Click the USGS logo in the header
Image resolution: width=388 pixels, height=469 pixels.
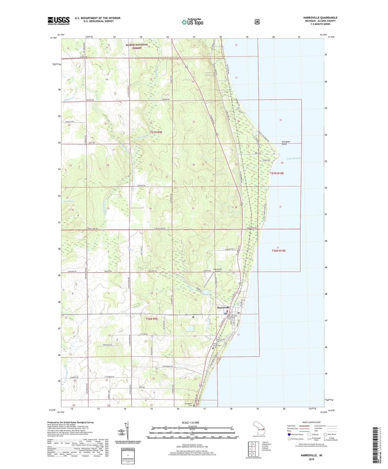point(58,21)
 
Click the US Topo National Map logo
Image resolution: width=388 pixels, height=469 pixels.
point(192,22)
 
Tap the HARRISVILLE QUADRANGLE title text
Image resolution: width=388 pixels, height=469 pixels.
point(320,18)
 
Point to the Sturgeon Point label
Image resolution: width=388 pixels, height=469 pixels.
point(286,143)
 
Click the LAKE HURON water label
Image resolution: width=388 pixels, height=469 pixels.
point(293,158)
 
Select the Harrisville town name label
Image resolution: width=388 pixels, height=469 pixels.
point(223,308)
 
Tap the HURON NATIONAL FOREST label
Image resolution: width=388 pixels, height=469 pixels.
point(137,46)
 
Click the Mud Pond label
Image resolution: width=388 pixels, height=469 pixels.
point(68,201)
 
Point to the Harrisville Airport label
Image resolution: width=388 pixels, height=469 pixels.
point(218,270)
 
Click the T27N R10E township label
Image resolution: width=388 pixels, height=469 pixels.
point(277,173)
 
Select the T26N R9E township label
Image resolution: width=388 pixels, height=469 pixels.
point(152,319)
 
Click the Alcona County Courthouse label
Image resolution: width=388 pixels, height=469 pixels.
point(232,317)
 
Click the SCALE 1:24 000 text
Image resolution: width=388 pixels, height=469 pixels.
point(190,422)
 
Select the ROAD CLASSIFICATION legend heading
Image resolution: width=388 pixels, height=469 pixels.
point(311,422)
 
